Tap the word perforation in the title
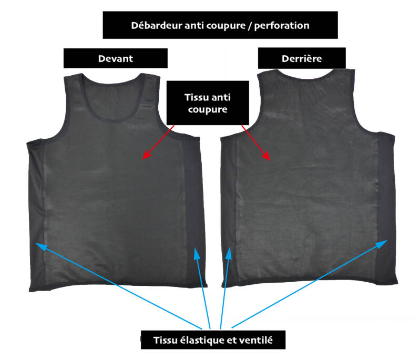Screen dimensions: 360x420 [x=283, y=25]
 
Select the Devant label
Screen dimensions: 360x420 [x=115, y=58]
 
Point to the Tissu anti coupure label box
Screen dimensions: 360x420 [x=207, y=103]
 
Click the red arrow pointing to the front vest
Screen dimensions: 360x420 [x=158, y=141]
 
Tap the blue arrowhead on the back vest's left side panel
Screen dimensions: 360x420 [x=230, y=254]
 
